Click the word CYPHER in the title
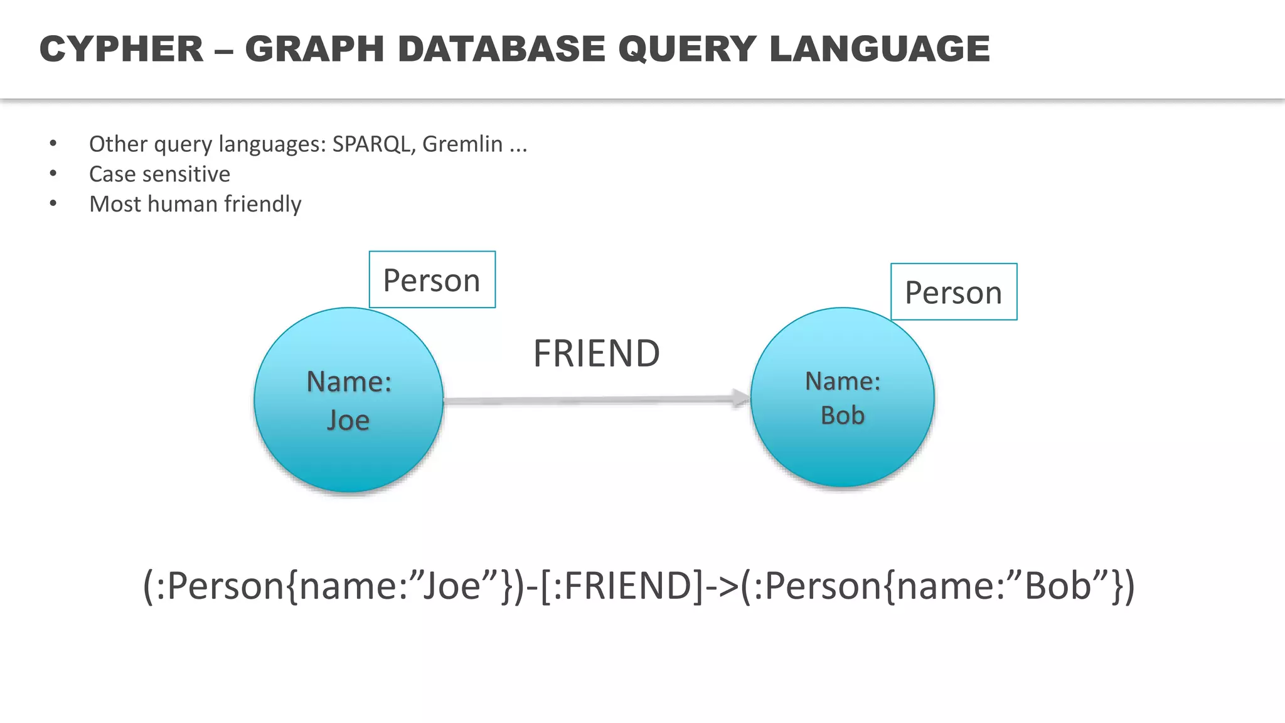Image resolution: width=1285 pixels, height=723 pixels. point(122,49)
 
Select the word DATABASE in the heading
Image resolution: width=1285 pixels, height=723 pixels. point(501,49)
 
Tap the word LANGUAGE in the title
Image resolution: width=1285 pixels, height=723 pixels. point(880,49)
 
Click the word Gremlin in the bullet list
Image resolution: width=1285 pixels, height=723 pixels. point(462,144)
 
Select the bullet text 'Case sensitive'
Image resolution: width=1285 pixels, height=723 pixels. point(159,174)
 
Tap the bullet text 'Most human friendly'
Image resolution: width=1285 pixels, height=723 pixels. point(195,205)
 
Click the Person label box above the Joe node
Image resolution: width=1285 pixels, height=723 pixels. point(432,280)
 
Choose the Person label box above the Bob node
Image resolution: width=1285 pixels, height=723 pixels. point(953,292)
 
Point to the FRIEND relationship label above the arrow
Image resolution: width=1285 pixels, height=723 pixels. point(596,353)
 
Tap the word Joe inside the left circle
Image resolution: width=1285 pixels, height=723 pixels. point(348,420)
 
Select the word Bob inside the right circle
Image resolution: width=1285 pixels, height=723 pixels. point(843,415)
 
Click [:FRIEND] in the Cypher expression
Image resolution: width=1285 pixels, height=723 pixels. point(622,586)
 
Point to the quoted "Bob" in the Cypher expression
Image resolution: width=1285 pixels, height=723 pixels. point(1058,586)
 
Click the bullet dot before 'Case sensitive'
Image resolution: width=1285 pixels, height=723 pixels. point(53,174)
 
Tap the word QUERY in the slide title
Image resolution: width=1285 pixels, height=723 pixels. point(687,49)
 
